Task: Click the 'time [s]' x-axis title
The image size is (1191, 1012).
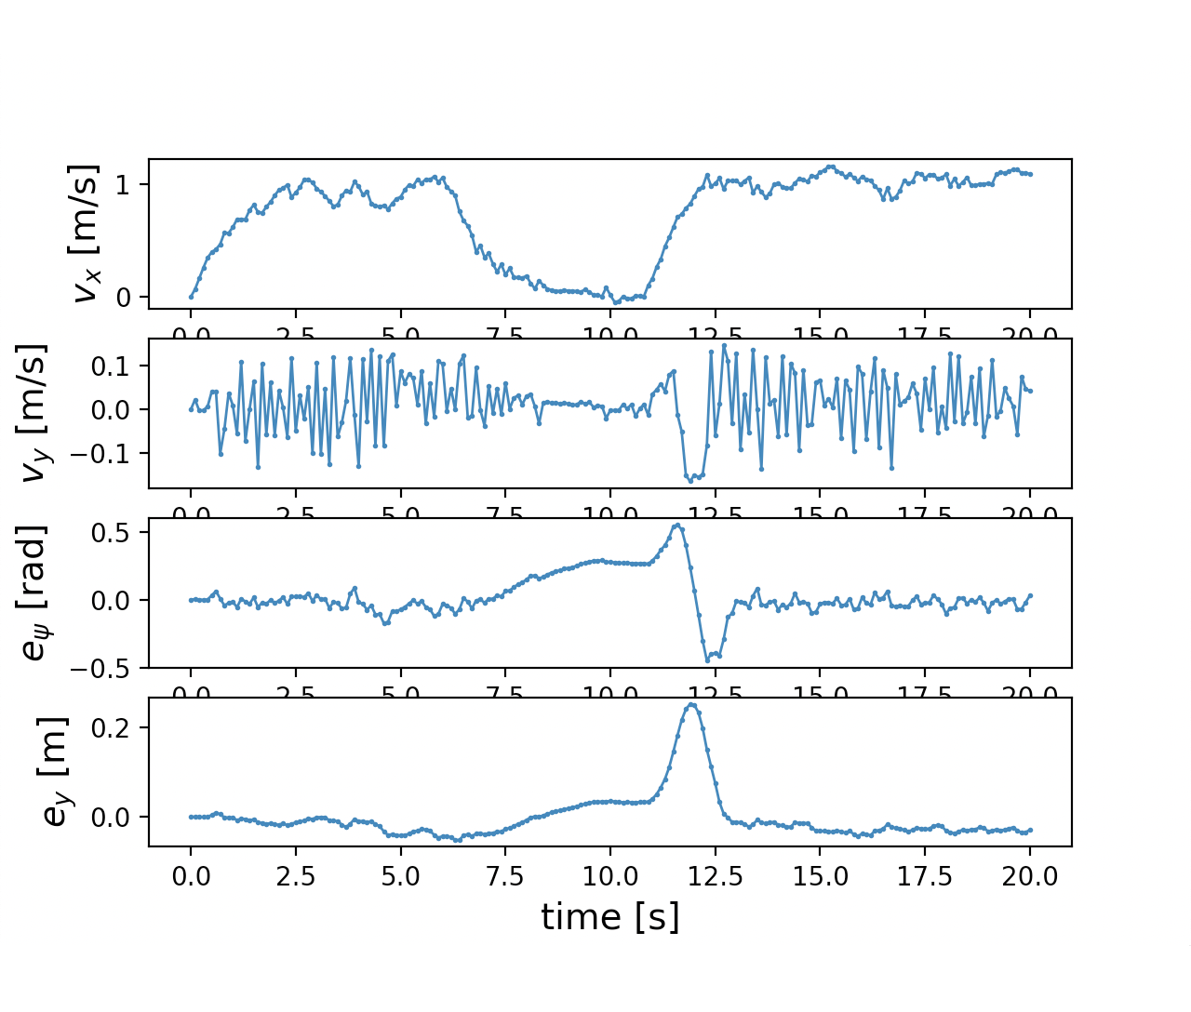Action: [609, 917]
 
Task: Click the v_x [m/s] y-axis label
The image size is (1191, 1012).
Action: [86, 233]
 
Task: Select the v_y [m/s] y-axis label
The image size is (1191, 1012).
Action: [35, 413]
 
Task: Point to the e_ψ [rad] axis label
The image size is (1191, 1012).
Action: [35, 593]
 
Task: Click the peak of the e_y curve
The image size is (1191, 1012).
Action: [690, 705]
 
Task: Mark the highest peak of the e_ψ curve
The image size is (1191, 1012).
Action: [677, 526]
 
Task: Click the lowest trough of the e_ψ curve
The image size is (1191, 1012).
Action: [706, 659]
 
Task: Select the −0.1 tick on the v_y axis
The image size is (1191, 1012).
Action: [113, 453]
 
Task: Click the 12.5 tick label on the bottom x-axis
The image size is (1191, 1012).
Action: [716, 876]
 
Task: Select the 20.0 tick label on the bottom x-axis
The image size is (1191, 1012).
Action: [1030, 876]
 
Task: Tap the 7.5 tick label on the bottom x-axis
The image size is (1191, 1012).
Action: [505, 876]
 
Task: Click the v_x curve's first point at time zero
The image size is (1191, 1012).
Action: [191, 297]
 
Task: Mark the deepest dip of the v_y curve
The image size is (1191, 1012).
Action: [690, 481]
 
